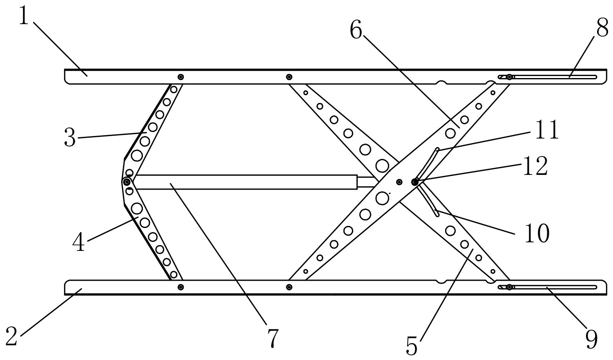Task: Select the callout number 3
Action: (70, 139)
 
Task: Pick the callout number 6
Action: (356, 30)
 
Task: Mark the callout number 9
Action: (592, 339)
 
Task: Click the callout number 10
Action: (537, 234)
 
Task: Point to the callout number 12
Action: (535, 167)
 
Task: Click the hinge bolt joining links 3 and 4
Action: (127, 181)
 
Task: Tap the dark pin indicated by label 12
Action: (415, 182)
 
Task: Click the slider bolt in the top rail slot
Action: (509, 77)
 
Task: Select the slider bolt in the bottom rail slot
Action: (509, 288)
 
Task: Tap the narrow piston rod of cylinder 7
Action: (366, 182)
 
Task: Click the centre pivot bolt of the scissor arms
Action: (399, 182)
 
